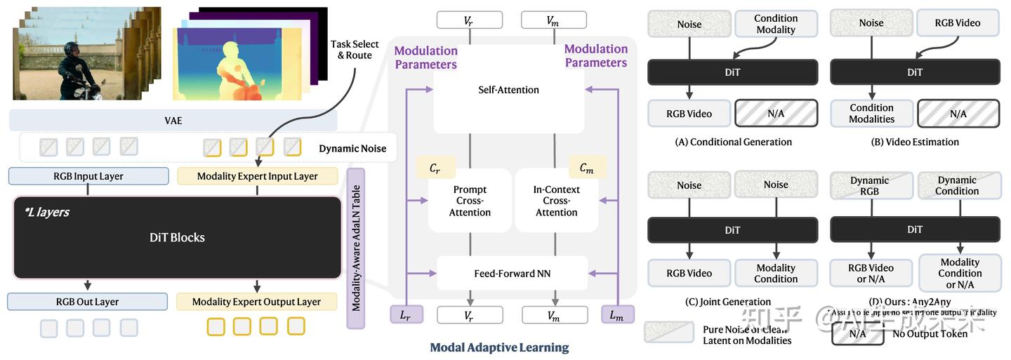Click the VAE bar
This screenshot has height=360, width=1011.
(173, 121)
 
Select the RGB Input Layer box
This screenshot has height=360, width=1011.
(88, 176)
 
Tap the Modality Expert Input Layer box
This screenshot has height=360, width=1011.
(257, 176)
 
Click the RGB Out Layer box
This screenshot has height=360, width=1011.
(88, 302)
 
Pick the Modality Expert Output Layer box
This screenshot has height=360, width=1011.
(257, 302)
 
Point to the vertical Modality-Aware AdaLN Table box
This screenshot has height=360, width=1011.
(356, 248)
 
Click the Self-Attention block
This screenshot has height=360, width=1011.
(508, 90)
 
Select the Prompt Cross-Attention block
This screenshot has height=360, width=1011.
(470, 201)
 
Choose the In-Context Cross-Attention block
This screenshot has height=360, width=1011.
(556, 201)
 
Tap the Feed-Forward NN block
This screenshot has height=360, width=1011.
(512, 273)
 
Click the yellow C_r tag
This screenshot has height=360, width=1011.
(436, 168)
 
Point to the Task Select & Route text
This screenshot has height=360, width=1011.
(351, 49)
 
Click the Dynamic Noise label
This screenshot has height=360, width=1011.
(352, 149)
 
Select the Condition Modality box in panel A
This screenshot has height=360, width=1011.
(775, 24)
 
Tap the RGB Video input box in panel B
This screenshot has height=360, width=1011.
(957, 22)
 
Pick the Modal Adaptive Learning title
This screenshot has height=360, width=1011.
(499, 347)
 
